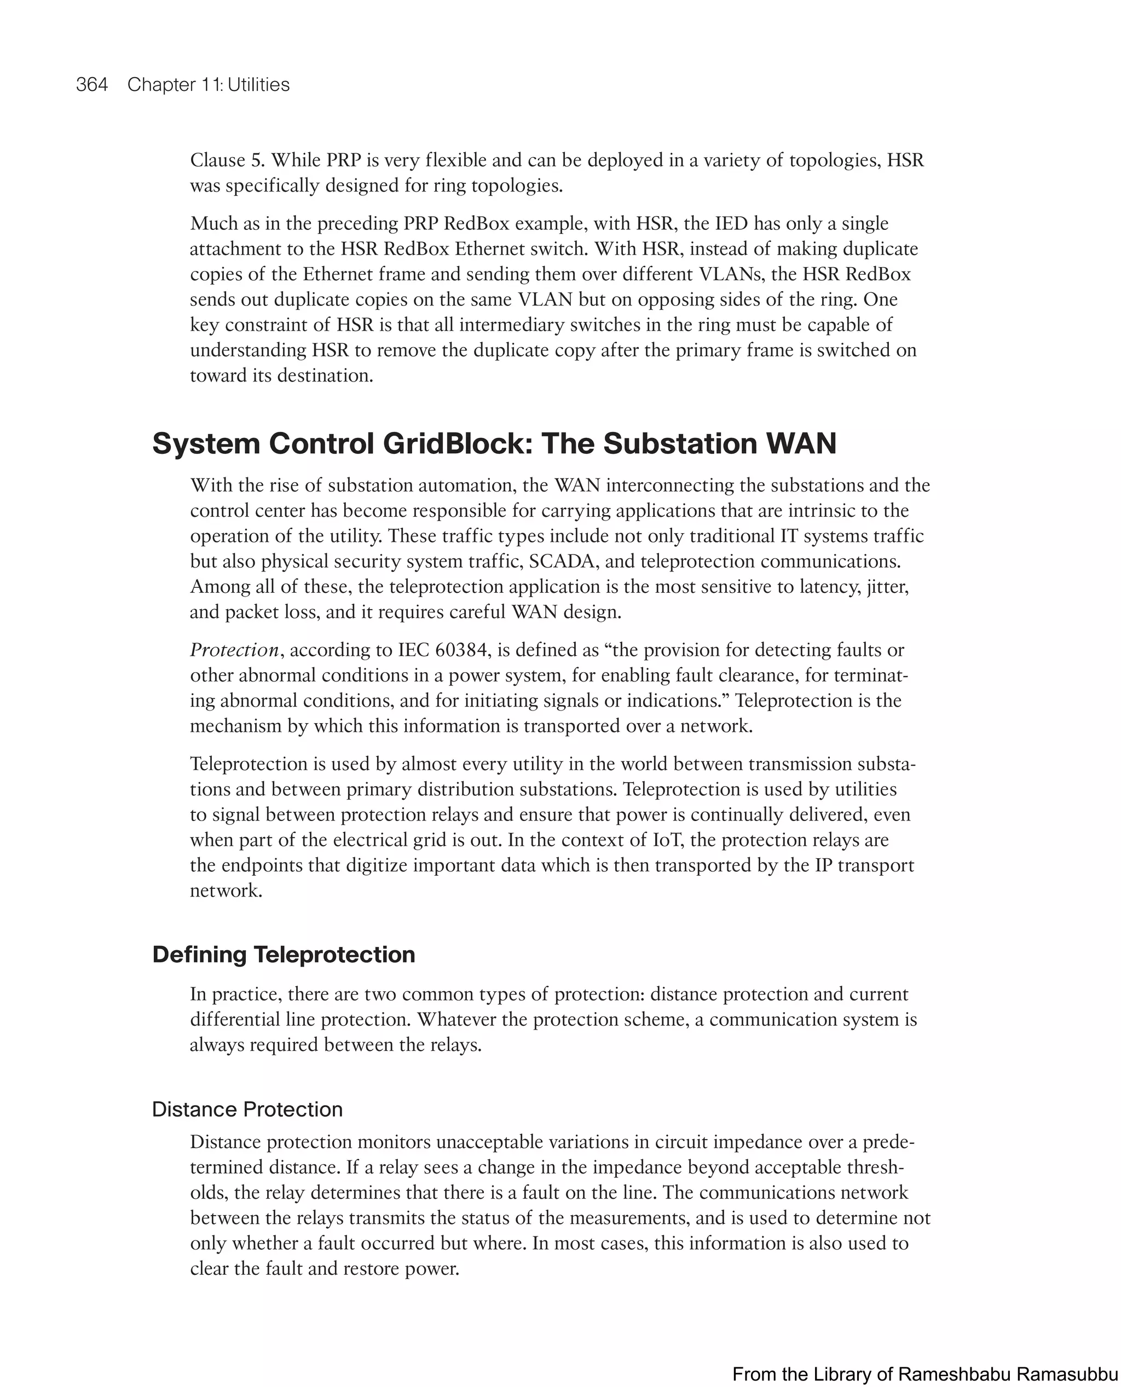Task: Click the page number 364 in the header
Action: pos(92,85)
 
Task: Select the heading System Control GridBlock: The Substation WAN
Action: pos(494,443)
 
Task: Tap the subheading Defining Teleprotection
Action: pos(284,955)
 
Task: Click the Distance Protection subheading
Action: pos(247,1109)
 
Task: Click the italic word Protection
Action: pos(234,650)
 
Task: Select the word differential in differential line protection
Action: pos(234,1020)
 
